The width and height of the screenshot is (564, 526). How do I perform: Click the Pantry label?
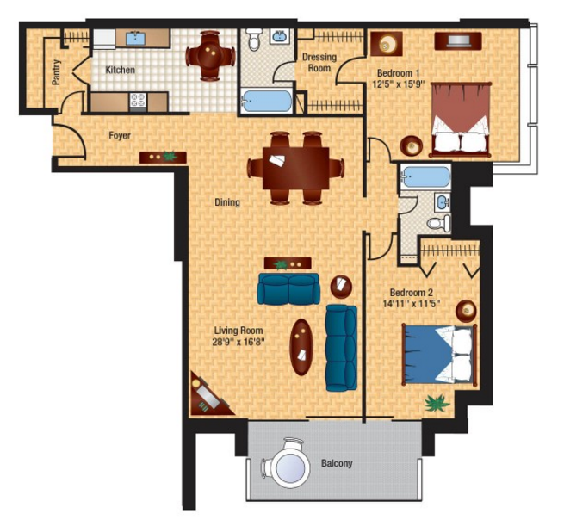point(56,72)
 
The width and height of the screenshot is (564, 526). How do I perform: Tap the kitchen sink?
point(135,38)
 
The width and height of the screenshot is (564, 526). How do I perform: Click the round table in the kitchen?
point(210,56)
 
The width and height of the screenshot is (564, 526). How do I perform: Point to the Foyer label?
point(120,135)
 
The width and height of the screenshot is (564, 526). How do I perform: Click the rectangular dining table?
point(295,168)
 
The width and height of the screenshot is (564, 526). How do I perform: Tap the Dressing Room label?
point(319,62)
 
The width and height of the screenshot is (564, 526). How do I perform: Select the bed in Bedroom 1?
point(461,120)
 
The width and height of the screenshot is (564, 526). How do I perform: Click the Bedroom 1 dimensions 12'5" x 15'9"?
point(398,84)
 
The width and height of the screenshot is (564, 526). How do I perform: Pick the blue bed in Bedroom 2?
point(440,355)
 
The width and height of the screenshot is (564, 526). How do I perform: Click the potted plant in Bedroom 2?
point(437,403)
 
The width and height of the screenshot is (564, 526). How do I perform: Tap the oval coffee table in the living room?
point(301,347)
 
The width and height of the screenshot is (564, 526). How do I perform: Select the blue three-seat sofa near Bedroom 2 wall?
point(341,348)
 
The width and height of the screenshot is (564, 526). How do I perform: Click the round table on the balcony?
point(290,467)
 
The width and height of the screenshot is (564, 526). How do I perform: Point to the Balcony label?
point(337,463)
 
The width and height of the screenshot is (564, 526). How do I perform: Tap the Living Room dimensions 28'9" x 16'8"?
point(239,341)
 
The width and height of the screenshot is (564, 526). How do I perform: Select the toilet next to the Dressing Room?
point(254,40)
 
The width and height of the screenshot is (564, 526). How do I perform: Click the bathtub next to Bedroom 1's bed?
point(425,176)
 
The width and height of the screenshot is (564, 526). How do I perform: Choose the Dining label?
point(227,202)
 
